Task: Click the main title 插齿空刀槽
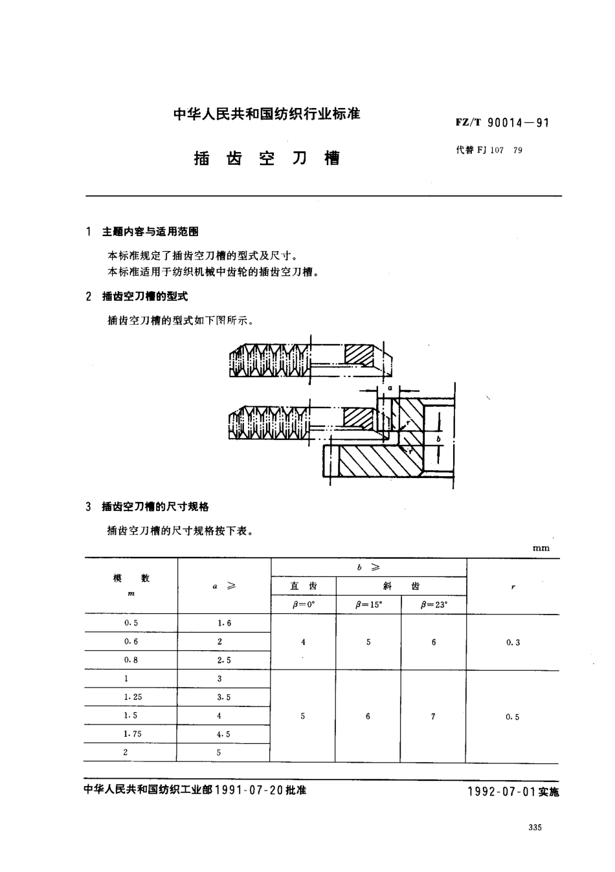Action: pyautogui.click(x=267, y=157)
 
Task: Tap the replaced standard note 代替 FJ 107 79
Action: pyautogui.click(x=489, y=150)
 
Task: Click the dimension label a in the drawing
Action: pyautogui.click(x=390, y=387)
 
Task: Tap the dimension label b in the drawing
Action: pyautogui.click(x=439, y=438)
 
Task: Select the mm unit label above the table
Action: pyautogui.click(x=541, y=548)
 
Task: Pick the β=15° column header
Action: pyautogui.click(x=368, y=605)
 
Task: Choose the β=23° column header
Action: pyautogui.click(x=434, y=605)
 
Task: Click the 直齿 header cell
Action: pyautogui.click(x=304, y=586)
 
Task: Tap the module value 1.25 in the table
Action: pyautogui.click(x=133, y=697)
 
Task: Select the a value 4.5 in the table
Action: pyautogui.click(x=223, y=734)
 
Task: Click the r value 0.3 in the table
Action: pyautogui.click(x=513, y=642)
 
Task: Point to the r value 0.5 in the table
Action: pyautogui.click(x=513, y=717)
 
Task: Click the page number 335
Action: pyautogui.click(x=535, y=828)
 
